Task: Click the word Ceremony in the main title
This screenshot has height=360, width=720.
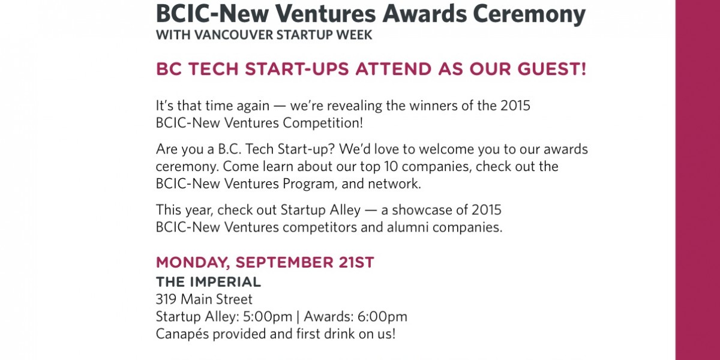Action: tap(529, 14)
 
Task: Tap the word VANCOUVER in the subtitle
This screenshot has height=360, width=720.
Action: tap(233, 35)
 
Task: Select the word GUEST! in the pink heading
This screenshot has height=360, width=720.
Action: tap(552, 69)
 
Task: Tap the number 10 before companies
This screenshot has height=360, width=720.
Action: tap(391, 167)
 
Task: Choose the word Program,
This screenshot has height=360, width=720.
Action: tap(310, 184)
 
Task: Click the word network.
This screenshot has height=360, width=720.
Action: tap(394, 184)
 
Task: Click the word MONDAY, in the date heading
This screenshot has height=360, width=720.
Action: tap(193, 263)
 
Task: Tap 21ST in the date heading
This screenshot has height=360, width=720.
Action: tap(356, 262)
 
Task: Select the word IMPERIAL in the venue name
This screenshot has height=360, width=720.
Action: tap(225, 282)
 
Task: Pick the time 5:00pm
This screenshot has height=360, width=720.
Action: tap(268, 317)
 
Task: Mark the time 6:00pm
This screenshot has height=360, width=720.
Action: tap(382, 317)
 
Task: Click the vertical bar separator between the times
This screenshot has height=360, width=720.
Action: tap(298, 317)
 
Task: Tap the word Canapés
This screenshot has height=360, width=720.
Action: tap(182, 334)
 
